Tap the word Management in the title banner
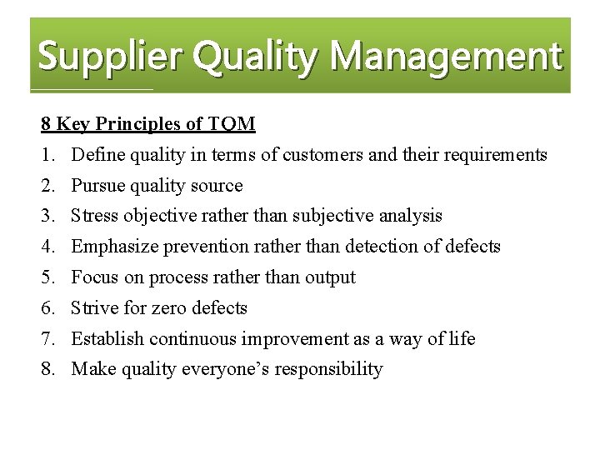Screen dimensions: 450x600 coord(446,57)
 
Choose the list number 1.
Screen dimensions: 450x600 coord(47,155)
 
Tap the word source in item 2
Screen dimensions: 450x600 coord(215,186)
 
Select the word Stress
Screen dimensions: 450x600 coord(95,216)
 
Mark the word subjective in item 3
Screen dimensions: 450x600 coord(332,216)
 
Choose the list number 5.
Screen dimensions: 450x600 coord(47,277)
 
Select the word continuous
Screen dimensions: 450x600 coord(195,339)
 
